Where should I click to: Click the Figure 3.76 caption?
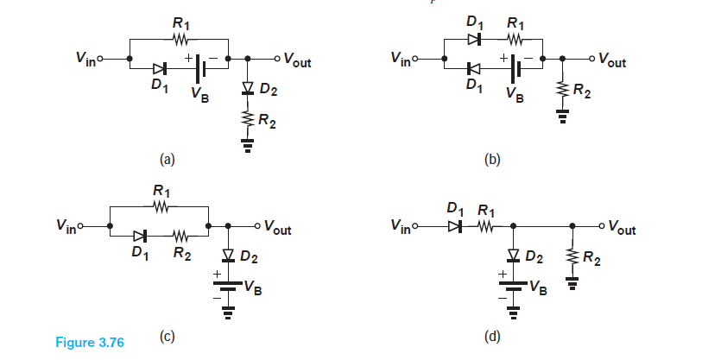(90, 343)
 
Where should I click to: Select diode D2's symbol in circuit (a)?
(248, 87)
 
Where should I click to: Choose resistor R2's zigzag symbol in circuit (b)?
(562, 89)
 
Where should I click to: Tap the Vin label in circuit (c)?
(66, 229)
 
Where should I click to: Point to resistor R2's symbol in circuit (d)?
(571, 256)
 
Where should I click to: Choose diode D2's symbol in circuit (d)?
(514, 256)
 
